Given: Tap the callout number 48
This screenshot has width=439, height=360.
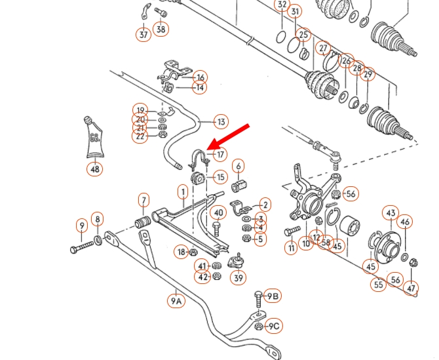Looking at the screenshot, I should [96, 170].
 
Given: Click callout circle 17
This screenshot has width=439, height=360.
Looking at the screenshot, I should [220, 155].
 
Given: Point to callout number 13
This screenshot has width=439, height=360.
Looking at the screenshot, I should [221, 121].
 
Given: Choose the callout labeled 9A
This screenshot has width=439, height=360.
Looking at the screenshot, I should [176, 301].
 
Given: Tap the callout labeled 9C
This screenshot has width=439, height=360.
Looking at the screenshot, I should [273, 326].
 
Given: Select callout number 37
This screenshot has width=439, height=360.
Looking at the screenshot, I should [143, 34].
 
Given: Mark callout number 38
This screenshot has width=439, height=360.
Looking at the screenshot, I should [161, 28].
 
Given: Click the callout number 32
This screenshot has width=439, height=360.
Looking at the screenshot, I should [282, 6].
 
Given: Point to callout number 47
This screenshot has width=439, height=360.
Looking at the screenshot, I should [411, 288].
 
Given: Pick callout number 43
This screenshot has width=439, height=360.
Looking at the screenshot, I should [391, 213].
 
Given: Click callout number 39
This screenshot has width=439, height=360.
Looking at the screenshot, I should [238, 278].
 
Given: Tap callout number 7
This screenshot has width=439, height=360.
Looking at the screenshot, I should [143, 200].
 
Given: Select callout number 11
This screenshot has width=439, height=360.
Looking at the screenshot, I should [292, 248].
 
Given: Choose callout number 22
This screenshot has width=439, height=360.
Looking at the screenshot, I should [140, 136].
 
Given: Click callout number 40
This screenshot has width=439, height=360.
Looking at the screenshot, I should [219, 212].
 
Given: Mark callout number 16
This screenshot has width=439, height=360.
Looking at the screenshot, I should [200, 77].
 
